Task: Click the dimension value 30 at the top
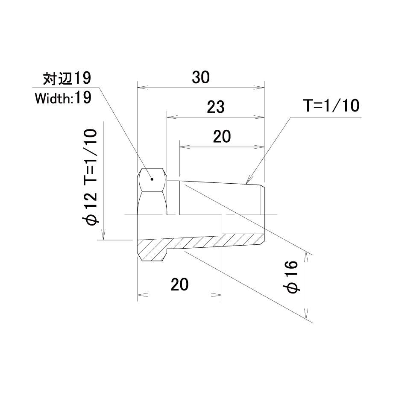click(x=200, y=77)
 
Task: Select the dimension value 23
click(x=216, y=107)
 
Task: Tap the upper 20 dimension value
click(x=222, y=137)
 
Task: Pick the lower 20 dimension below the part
click(x=179, y=284)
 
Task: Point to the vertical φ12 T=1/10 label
click(x=89, y=177)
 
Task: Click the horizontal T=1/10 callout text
click(x=331, y=106)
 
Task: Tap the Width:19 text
click(x=63, y=98)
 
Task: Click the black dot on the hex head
click(x=152, y=179)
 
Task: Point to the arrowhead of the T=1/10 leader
click(x=248, y=181)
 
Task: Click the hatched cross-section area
click(x=200, y=242)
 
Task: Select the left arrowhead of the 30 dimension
click(x=142, y=88)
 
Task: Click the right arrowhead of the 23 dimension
click(x=259, y=117)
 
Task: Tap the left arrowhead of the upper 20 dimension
click(x=185, y=147)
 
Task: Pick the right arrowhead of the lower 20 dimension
click(x=217, y=295)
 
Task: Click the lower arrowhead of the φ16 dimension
click(x=306, y=314)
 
